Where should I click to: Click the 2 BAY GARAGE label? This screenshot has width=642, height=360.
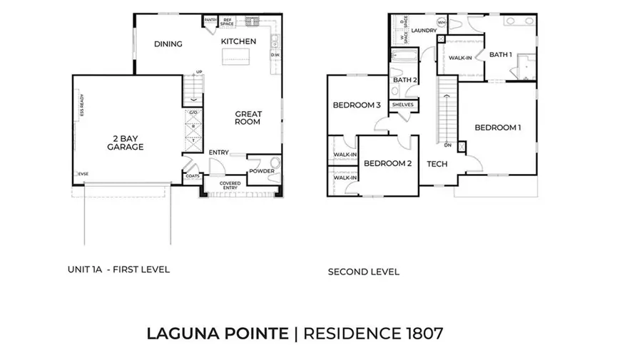click(126, 142)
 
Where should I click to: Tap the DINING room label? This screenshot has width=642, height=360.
click(168, 44)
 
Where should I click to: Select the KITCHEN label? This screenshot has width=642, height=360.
click(238, 41)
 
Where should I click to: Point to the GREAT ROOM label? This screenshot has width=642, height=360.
click(249, 118)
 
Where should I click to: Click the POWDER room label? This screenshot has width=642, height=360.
click(262, 171)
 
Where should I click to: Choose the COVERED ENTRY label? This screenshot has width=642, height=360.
click(230, 186)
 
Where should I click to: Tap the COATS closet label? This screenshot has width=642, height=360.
click(192, 176)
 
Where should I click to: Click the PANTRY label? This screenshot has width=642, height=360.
click(210, 20)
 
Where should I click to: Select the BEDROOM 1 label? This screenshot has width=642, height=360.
click(498, 128)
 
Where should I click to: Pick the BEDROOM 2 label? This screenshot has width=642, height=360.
click(387, 163)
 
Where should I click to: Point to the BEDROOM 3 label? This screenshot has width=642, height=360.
click(356, 106)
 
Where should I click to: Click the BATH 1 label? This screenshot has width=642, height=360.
click(501, 55)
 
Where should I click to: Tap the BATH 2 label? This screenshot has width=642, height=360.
click(404, 80)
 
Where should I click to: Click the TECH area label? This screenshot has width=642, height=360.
click(437, 164)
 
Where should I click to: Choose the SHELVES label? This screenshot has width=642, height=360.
click(403, 106)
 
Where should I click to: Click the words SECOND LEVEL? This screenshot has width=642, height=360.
click(363, 272)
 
